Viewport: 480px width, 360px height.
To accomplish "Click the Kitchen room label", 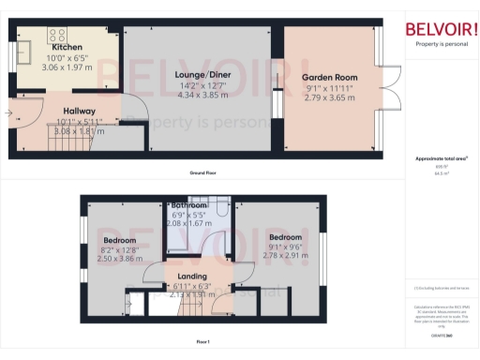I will [x=67, y=46].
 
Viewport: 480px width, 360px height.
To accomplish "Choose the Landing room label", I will [x=193, y=276].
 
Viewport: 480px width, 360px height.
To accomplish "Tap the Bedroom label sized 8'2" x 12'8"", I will [x=119, y=240].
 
